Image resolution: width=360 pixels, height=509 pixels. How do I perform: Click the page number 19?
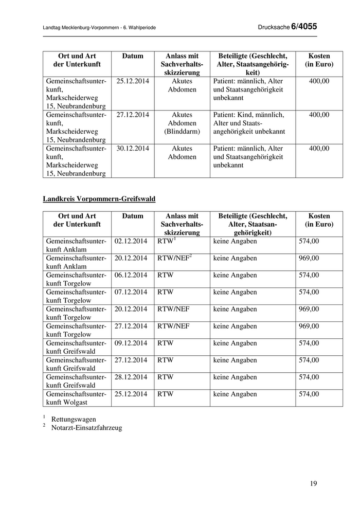click(x=314, y=483)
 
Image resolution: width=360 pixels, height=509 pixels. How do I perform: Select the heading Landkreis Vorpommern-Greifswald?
click(x=99, y=198)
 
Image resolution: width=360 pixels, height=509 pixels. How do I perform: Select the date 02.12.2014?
click(x=131, y=241)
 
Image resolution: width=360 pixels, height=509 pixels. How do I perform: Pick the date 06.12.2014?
click(x=131, y=275)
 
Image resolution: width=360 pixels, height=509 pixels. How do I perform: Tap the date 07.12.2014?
click(x=131, y=292)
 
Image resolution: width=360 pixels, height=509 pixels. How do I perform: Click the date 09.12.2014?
click(x=131, y=343)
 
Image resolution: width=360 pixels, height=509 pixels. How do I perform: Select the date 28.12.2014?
click(x=131, y=377)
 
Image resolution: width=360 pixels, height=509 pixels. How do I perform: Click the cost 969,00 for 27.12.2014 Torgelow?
click(x=309, y=326)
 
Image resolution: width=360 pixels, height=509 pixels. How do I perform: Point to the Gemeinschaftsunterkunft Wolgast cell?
click(x=76, y=398)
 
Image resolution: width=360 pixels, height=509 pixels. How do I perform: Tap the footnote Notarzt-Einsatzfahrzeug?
click(x=86, y=428)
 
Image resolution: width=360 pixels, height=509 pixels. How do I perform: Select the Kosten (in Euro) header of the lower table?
click(x=319, y=221)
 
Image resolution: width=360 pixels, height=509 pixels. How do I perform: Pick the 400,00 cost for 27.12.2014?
click(x=319, y=115)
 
